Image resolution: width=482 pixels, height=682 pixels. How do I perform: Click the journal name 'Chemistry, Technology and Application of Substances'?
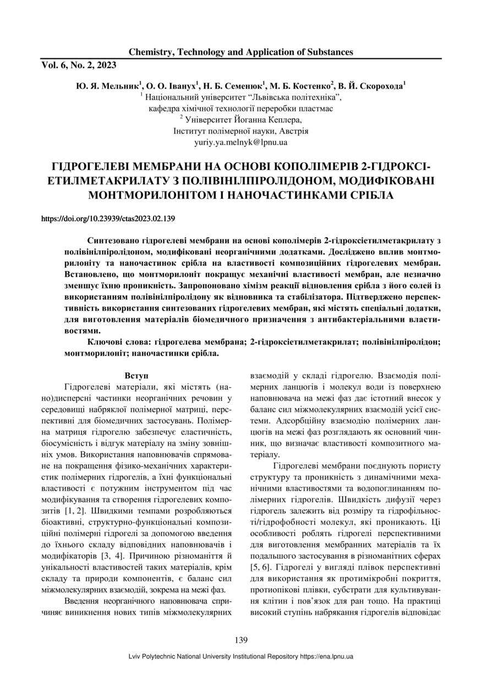point(240,52)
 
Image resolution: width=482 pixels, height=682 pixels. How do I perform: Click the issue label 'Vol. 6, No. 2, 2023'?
point(79,65)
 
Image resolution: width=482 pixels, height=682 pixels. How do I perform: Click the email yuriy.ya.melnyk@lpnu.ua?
point(241,142)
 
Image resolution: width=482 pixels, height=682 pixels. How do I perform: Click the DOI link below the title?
point(108,219)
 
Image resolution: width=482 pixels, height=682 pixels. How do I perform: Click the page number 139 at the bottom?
point(240,640)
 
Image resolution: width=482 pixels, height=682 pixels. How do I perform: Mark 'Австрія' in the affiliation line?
point(294,131)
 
